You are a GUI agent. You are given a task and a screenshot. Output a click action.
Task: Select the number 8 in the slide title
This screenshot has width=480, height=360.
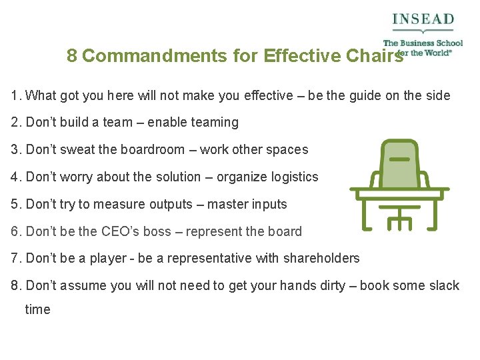point(72,56)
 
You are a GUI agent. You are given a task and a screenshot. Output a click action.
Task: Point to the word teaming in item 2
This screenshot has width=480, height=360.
point(215,123)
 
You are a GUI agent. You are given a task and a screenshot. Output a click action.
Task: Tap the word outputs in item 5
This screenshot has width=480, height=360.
point(165,205)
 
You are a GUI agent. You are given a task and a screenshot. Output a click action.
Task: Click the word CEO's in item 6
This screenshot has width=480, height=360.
point(121,232)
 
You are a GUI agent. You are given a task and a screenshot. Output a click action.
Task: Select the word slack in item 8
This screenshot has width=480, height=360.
point(443,286)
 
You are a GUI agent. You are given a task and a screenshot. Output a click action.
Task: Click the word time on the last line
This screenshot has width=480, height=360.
point(37,310)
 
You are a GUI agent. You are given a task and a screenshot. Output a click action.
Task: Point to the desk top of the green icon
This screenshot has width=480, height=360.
point(399,192)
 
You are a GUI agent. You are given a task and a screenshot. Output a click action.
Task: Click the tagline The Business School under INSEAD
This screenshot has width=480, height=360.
point(423,43)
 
